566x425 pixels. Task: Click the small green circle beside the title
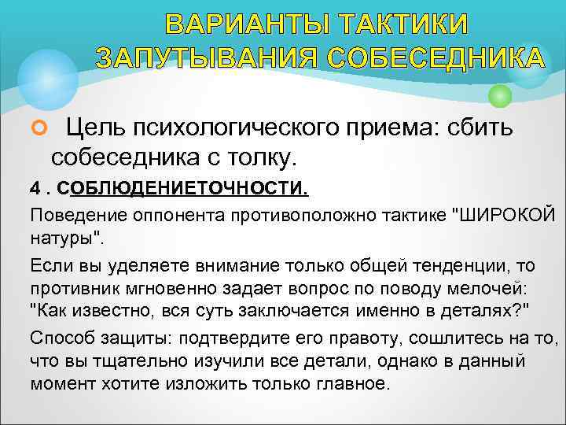[x=500, y=96]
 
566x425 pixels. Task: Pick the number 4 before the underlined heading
[x=35, y=190]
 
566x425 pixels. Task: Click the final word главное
[x=351, y=383]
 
